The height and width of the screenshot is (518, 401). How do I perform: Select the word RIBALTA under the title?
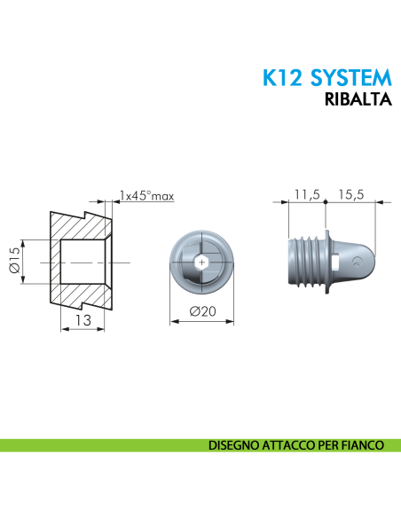pos(359,100)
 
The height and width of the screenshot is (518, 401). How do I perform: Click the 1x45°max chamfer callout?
pos(146,195)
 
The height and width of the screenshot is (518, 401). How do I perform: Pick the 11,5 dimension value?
pos(307,196)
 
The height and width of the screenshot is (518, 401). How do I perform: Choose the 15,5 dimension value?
pos(352,196)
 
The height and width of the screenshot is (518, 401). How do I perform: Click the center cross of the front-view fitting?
pos(202,262)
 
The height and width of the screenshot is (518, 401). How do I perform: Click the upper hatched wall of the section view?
pos(80,226)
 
